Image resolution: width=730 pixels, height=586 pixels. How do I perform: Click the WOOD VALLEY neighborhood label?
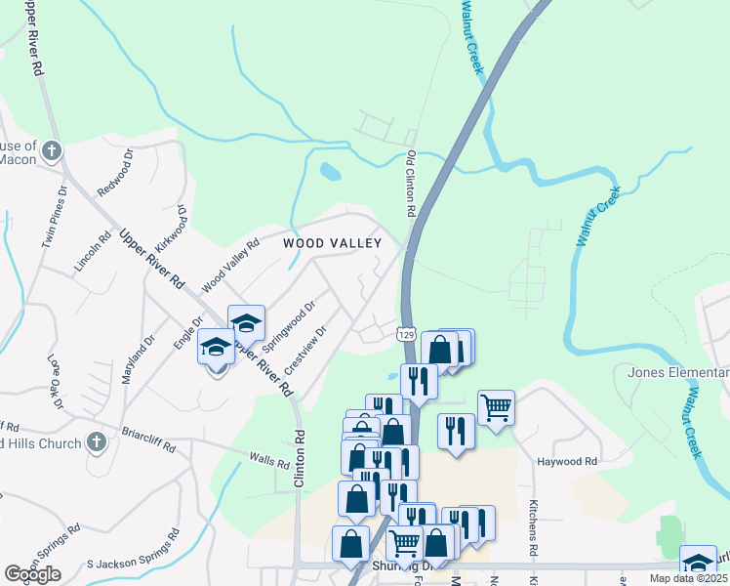[332, 242]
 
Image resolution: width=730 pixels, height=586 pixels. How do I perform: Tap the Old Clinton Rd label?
[412, 184]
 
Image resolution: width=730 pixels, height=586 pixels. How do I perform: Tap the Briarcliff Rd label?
[148, 439]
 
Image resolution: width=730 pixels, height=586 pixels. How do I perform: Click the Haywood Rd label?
[566, 461]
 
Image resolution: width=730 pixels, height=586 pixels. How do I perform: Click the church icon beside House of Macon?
[53, 151]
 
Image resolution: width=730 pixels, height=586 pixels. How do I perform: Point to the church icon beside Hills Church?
[95, 442]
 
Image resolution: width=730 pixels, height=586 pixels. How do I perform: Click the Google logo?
[32, 573]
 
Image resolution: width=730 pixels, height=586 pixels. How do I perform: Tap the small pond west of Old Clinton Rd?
[330, 173]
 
